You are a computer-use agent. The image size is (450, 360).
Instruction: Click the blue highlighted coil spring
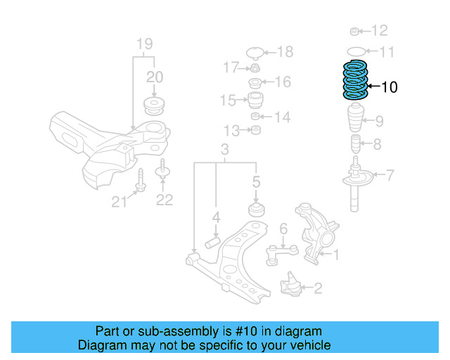point(355,82)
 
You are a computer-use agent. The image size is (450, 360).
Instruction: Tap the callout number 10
point(389,87)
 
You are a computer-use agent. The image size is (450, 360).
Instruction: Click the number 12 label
point(379,30)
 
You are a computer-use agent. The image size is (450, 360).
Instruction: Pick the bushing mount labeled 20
point(153,105)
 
